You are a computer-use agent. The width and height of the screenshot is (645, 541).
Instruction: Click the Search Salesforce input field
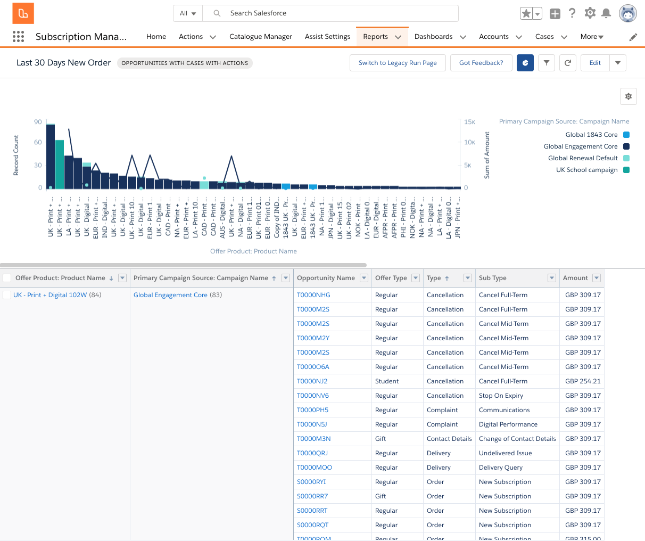341,13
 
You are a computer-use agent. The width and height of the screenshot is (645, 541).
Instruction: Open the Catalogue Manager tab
260,37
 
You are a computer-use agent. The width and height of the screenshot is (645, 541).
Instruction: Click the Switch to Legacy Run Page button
398,63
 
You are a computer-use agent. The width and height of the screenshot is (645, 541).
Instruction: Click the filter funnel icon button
547,63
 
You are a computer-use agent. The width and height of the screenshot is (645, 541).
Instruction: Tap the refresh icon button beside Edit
568,63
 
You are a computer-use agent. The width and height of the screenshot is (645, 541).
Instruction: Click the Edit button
595,63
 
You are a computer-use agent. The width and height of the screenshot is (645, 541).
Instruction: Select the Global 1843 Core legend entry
591,135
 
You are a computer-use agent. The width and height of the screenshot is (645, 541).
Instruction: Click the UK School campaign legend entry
586,170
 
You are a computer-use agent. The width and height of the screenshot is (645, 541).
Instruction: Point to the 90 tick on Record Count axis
38,122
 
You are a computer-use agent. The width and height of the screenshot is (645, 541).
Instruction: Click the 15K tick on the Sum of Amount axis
469,122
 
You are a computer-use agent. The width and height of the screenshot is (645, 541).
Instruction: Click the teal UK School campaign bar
60,165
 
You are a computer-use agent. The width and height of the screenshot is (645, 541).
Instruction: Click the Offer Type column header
391,278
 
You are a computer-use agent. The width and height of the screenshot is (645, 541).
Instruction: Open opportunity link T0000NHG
313,295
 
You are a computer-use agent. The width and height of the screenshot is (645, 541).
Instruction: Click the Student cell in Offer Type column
387,381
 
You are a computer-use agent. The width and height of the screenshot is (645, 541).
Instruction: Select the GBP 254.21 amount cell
583,381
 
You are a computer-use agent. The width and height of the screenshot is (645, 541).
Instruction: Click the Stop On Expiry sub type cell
501,396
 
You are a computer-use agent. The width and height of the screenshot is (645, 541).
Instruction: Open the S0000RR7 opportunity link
312,496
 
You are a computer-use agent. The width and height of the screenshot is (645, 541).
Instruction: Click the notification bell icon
606,13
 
